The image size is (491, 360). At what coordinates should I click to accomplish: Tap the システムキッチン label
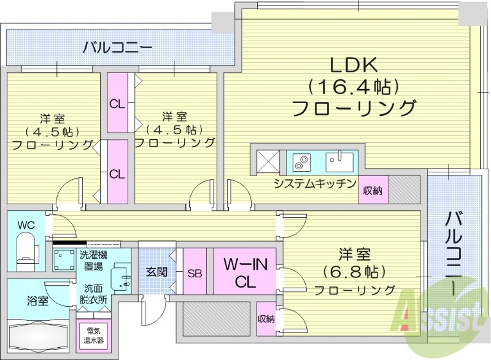pyautogui.click(x=315, y=183)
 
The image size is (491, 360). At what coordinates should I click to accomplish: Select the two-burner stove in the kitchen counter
pyautogui.click(x=301, y=163)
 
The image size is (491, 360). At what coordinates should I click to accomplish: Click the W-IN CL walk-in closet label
pyautogui.click(x=244, y=273)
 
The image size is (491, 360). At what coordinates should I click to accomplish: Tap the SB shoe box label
pyautogui.click(x=195, y=272)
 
